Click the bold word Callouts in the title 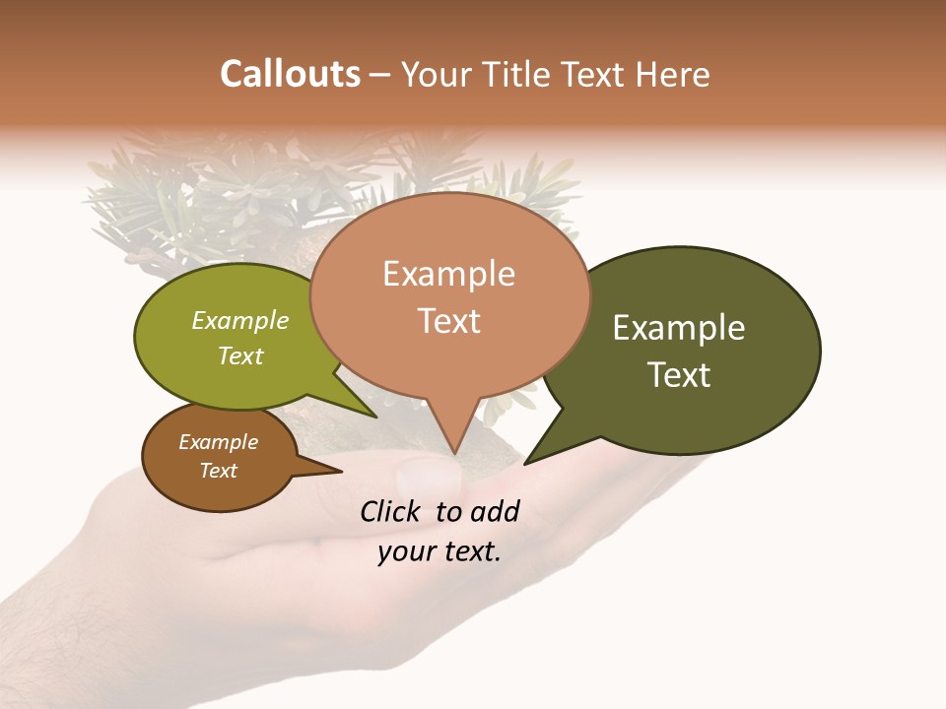coord(290,74)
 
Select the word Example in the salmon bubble coord(448,274)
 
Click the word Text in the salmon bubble coord(448,321)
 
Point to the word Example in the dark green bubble coord(679,328)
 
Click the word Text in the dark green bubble coord(679,375)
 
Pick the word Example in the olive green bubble coord(240,320)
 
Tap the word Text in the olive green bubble coord(240,355)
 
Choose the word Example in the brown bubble coord(218,442)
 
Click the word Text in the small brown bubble coord(218,471)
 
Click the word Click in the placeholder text coord(391,511)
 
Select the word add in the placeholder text coord(496,511)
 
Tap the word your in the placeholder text coord(404,551)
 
